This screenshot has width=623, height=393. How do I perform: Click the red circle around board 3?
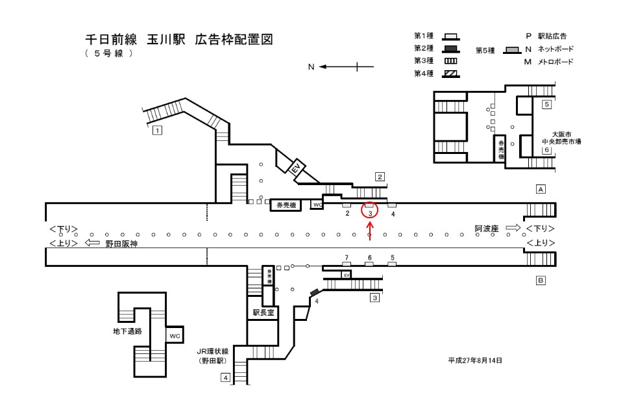369,210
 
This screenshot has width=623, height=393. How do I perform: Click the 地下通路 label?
128,331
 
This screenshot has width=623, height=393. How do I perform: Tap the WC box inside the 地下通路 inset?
173,335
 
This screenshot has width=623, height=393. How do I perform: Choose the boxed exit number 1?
156,130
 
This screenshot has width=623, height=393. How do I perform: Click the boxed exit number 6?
546,150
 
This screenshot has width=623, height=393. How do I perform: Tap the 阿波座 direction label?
486,229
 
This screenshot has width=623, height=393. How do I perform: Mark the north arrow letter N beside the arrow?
311,66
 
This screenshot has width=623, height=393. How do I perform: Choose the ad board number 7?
347,258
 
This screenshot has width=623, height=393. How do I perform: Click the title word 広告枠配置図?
233,40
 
